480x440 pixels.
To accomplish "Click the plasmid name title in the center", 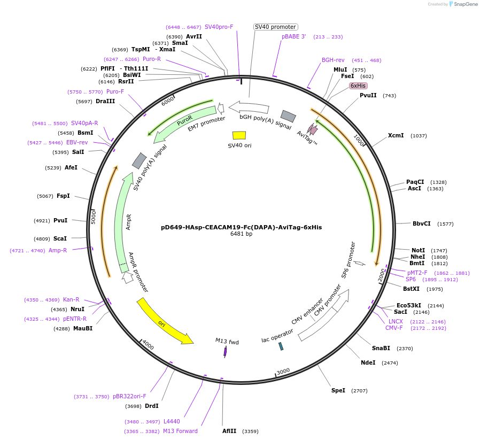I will [x=241, y=227].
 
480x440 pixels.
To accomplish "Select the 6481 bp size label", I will [x=241, y=234].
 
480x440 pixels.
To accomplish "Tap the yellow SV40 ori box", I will [x=239, y=136].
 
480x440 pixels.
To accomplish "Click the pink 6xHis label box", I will [x=358, y=86].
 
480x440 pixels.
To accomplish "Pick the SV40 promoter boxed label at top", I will [x=275, y=27].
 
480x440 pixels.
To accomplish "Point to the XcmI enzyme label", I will [x=396, y=135].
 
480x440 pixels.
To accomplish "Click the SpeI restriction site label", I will [x=338, y=390].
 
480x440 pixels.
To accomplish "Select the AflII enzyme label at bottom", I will [x=229, y=431].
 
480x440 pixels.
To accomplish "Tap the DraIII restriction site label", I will [x=105, y=101].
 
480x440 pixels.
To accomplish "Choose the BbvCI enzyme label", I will [x=421, y=223].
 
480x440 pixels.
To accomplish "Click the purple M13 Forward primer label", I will [x=180, y=431].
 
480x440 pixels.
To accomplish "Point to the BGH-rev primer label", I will [x=333, y=60].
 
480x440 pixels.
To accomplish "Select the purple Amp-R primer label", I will [x=58, y=250].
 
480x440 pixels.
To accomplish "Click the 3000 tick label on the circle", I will [x=283, y=371].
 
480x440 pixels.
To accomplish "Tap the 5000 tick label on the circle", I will [x=93, y=217].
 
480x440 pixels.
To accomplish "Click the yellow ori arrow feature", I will [x=165, y=322].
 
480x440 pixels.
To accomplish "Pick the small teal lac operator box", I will [x=281, y=346].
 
